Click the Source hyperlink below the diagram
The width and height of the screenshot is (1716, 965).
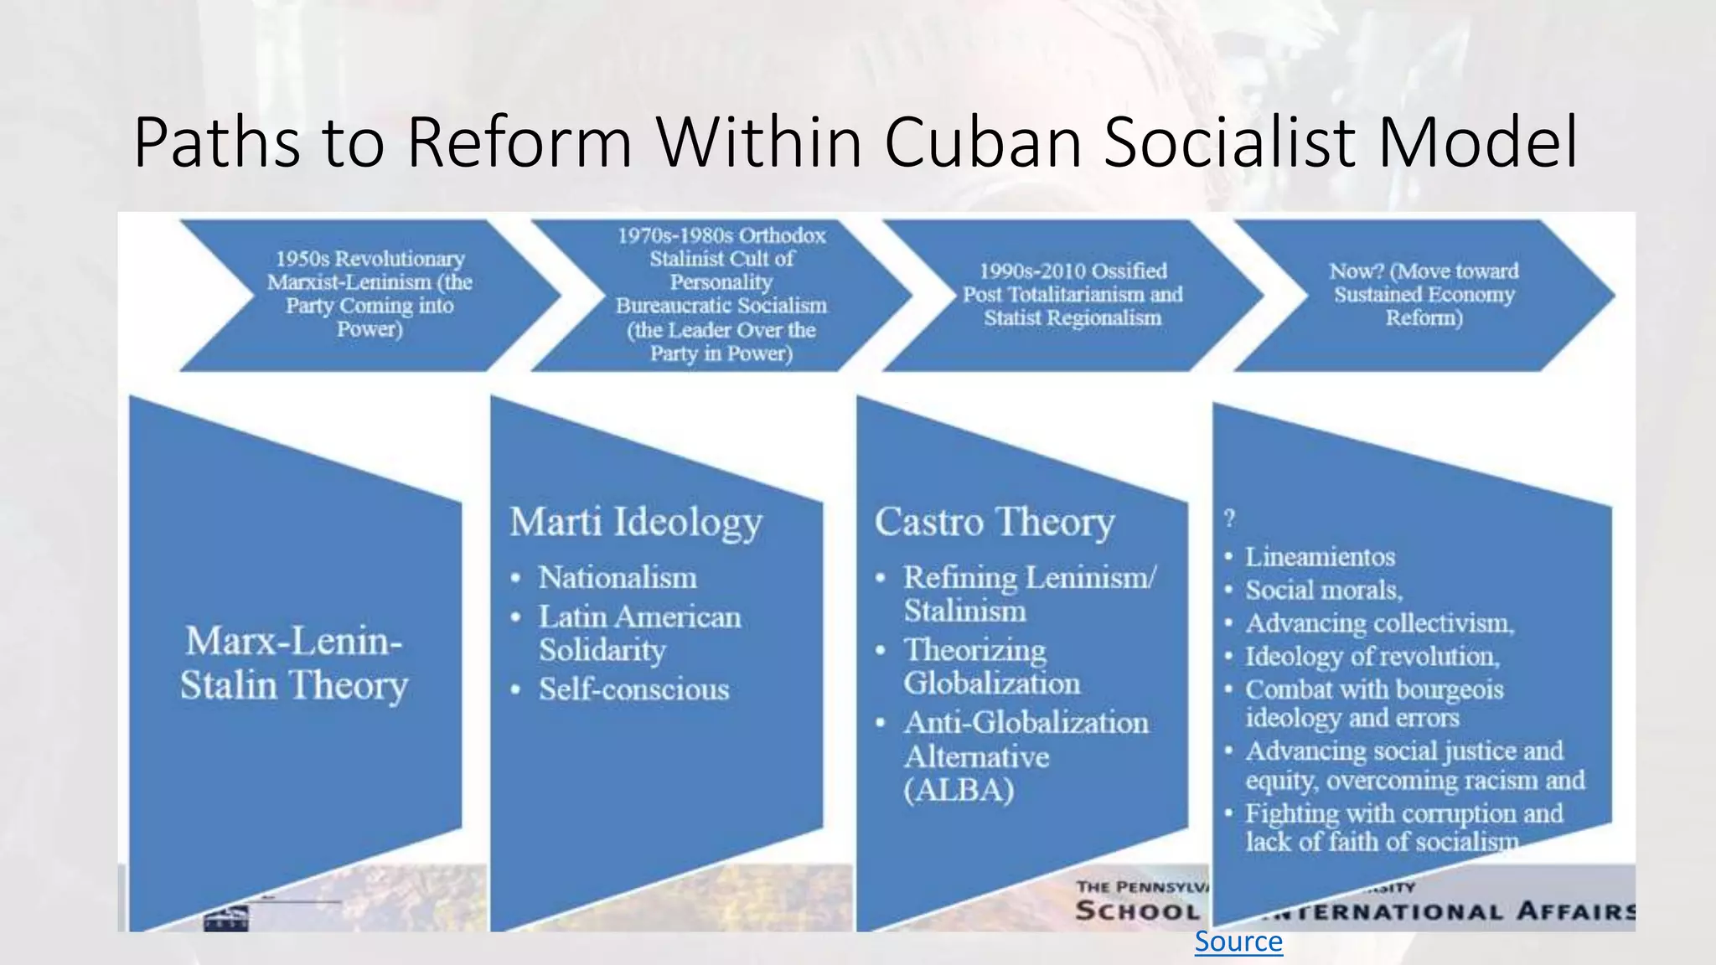[1238, 942]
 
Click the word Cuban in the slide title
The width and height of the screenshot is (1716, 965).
[984, 142]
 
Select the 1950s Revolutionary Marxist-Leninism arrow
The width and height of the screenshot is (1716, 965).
[370, 294]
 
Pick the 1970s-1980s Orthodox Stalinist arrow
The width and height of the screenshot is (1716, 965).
[721, 294]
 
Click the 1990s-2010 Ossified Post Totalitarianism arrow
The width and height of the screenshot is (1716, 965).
[1072, 294]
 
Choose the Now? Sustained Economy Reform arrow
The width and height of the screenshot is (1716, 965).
[1424, 294]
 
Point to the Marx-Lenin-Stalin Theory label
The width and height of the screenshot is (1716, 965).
[293, 663]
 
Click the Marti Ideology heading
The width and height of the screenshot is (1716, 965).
[636, 522]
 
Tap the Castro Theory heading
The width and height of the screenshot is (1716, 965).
[995, 522]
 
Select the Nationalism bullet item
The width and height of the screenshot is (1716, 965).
[618, 578]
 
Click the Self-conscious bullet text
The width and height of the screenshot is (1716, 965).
[633, 689]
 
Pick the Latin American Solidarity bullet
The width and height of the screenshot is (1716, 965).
[639, 633]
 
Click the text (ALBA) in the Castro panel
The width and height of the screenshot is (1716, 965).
[959, 790]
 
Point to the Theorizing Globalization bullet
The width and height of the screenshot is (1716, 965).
[991, 667]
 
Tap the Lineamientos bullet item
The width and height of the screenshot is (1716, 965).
[1320, 557]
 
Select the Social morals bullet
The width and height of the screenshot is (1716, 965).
[1323, 591]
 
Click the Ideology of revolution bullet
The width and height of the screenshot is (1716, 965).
[1372, 657]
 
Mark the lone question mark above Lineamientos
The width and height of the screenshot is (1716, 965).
[1229, 519]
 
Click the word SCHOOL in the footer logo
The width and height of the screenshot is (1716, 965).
[1137, 911]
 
